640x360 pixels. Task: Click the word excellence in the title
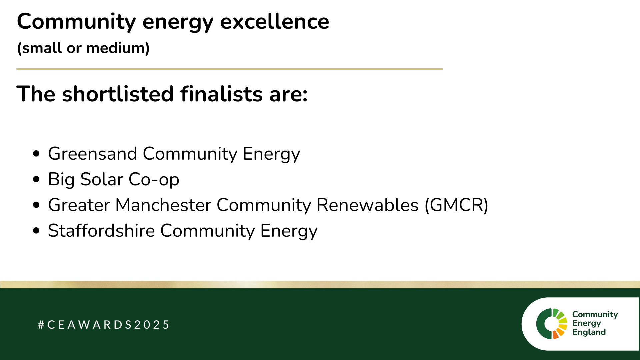tap(275, 21)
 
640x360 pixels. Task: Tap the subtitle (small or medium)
tap(83, 48)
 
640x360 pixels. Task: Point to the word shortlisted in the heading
tap(118, 94)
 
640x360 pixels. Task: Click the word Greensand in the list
tap(93, 154)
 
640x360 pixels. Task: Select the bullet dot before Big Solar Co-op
tap(37, 179)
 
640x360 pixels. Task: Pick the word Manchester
tap(163, 205)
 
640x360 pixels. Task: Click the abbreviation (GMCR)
tap(456, 205)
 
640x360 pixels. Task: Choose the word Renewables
tap(367, 205)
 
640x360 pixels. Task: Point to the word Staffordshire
tap(102, 230)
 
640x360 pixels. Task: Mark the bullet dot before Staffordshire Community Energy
tap(37, 231)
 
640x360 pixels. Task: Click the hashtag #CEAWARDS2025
tap(104, 325)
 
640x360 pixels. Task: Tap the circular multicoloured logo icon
tap(552, 324)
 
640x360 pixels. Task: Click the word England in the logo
tap(589, 332)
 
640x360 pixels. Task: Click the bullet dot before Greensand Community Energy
tap(37, 154)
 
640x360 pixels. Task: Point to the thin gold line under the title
tap(229, 69)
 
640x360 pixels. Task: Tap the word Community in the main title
tap(76, 22)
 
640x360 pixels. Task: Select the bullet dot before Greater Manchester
tap(37, 205)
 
